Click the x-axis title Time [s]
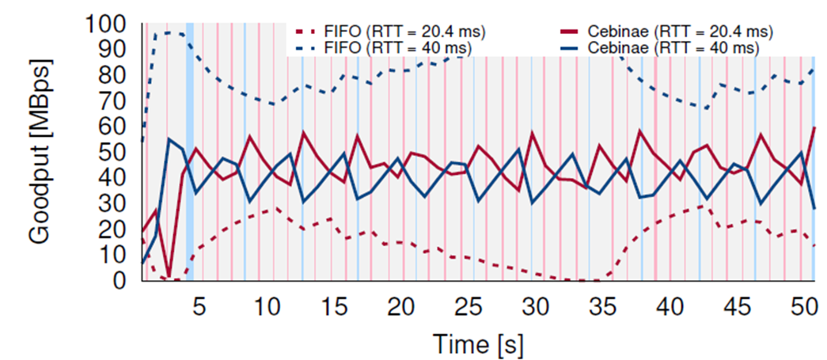(477, 344)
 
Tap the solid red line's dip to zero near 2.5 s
(169, 277)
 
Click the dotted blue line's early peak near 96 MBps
(168, 33)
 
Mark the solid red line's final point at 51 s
(814, 127)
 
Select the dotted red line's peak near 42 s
(703, 207)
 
